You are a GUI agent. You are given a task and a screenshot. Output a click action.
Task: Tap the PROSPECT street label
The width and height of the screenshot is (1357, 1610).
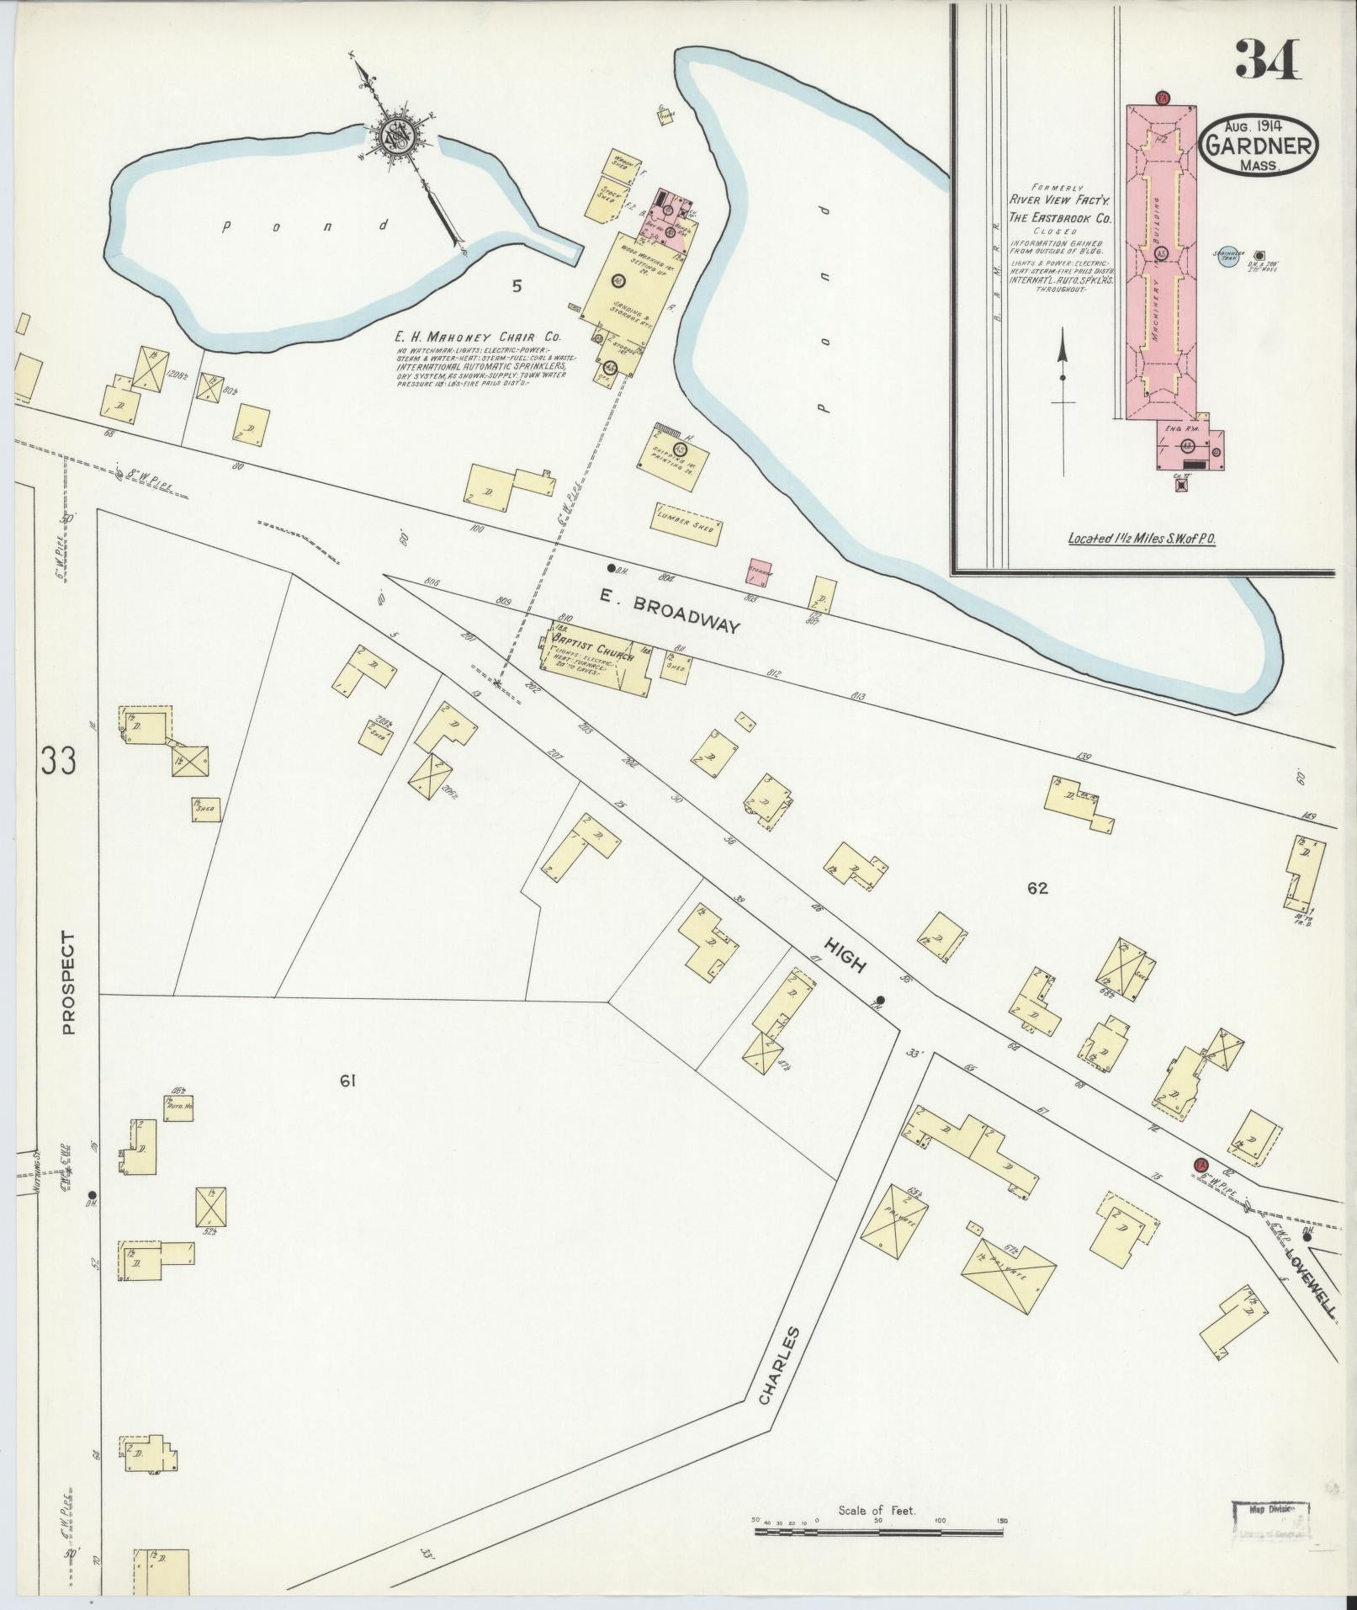[x=68, y=982]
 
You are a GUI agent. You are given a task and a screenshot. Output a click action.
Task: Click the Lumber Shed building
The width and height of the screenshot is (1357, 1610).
[x=686, y=524]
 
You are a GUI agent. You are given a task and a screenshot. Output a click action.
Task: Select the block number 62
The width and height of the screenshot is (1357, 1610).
[x=1036, y=887]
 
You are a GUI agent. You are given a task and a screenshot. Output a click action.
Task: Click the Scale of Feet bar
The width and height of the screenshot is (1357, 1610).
[x=879, y=943]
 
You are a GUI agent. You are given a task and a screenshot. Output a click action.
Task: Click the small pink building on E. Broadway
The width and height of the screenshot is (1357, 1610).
[x=759, y=571]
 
